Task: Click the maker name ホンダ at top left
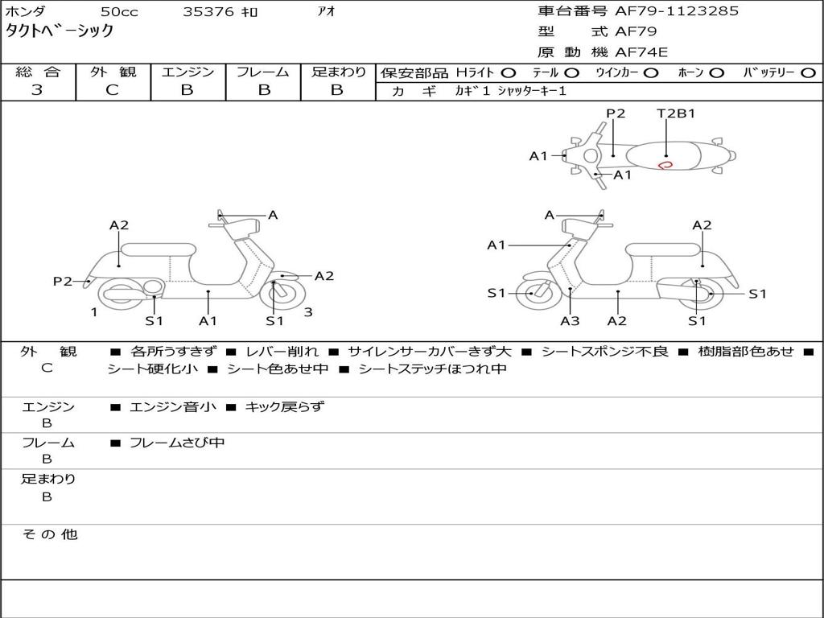tap(25, 12)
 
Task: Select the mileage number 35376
tap(208, 12)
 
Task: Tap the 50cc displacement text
tap(118, 12)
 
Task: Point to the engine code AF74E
tap(641, 52)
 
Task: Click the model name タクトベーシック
tap(60, 32)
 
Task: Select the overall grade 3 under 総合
tap(37, 90)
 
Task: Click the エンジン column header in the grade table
tap(187, 72)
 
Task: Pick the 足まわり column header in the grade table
tap(338, 72)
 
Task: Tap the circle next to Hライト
tap(509, 72)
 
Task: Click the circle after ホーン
tap(716, 72)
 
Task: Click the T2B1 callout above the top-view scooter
tap(676, 113)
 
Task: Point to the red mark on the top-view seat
tap(665, 164)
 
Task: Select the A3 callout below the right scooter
tap(570, 321)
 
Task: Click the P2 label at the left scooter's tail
tap(63, 281)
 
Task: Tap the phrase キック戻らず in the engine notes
tap(283, 407)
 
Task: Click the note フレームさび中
tap(177, 443)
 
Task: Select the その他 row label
tap(50, 534)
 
